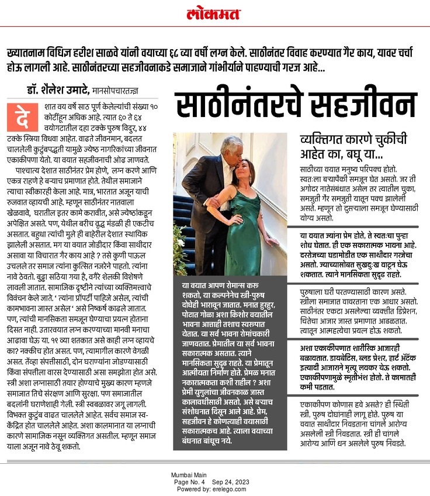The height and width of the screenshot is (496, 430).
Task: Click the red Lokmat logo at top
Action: (x=214, y=13)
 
